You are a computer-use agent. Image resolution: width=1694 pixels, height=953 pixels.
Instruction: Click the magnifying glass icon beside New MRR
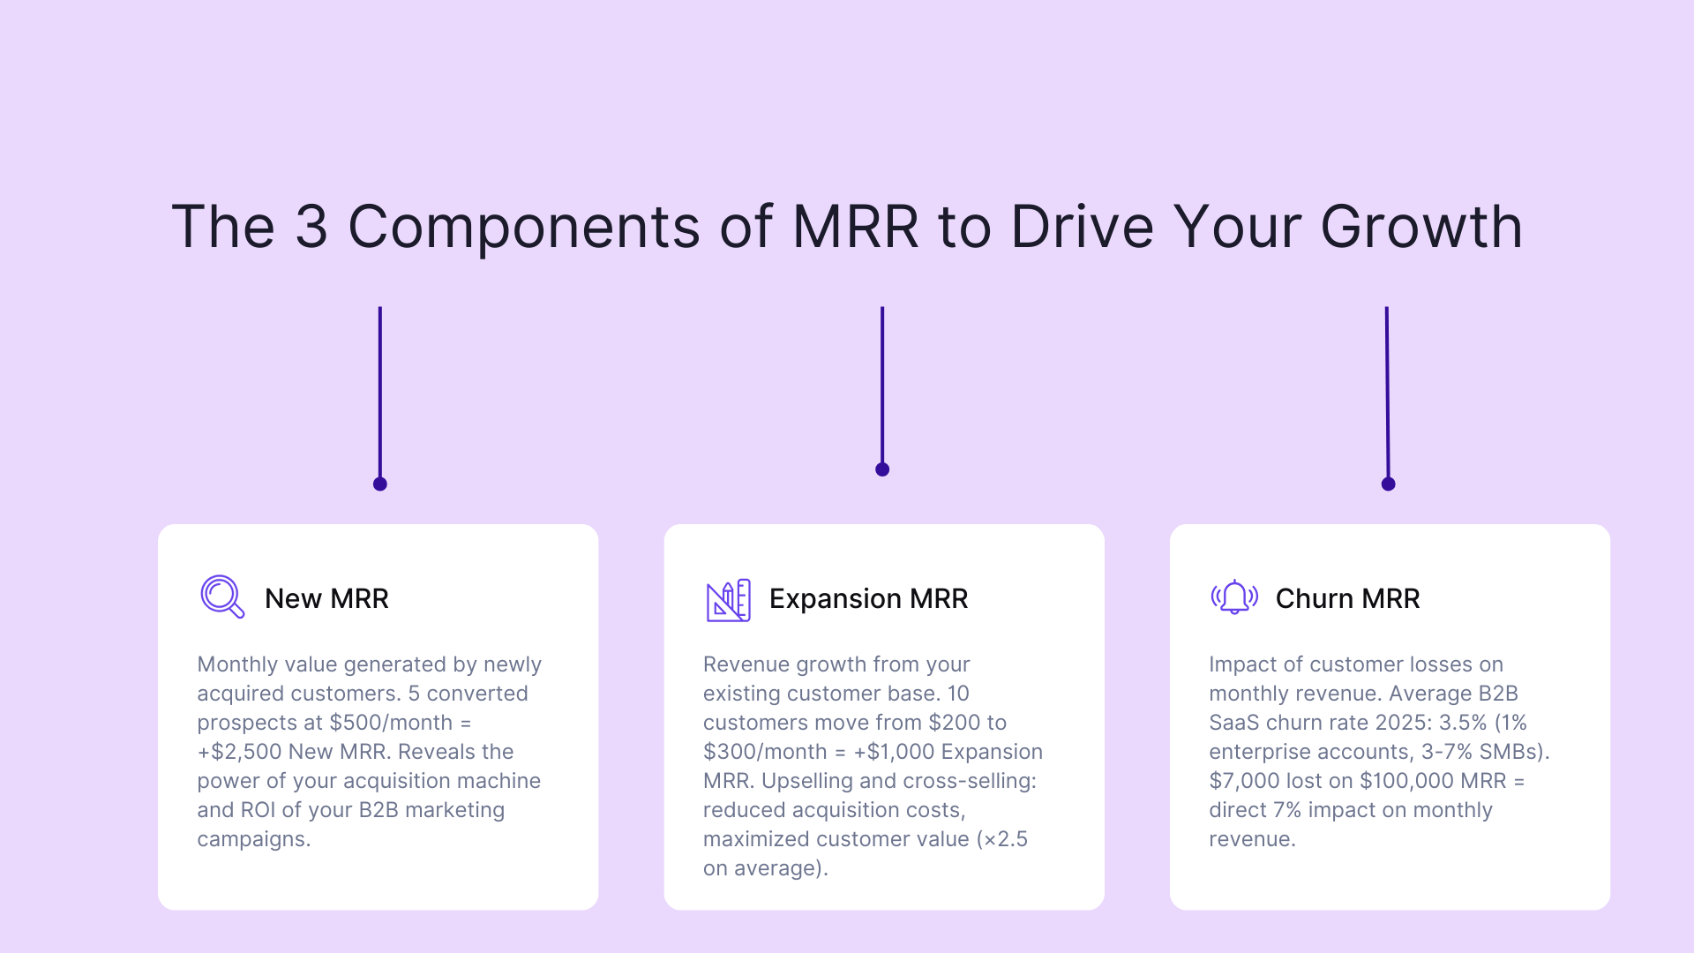(x=221, y=597)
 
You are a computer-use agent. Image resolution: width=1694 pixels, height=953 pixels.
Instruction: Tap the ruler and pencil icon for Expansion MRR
(x=728, y=600)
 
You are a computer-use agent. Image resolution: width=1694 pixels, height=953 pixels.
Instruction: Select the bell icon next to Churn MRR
(x=1234, y=597)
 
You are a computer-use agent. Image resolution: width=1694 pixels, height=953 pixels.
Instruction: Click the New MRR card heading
(x=326, y=598)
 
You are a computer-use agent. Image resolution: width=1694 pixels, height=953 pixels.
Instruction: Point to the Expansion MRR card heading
(x=868, y=598)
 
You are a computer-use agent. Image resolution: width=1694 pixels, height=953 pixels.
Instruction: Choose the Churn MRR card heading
(x=1347, y=598)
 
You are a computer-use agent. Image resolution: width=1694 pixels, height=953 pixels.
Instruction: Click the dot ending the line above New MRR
(x=380, y=484)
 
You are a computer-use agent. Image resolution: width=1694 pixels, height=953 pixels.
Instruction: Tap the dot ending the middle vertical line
(x=882, y=469)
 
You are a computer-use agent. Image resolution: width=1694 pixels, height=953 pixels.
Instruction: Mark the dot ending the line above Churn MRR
(x=1388, y=484)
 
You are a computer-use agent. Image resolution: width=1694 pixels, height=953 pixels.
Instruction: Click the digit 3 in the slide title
(x=311, y=227)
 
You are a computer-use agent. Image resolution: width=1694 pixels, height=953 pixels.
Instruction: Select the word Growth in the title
(x=1421, y=227)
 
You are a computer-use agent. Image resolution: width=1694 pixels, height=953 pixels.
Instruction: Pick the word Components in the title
(x=524, y=227)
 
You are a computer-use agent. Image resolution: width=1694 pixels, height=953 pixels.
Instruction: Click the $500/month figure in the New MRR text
(x=391, y=723)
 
